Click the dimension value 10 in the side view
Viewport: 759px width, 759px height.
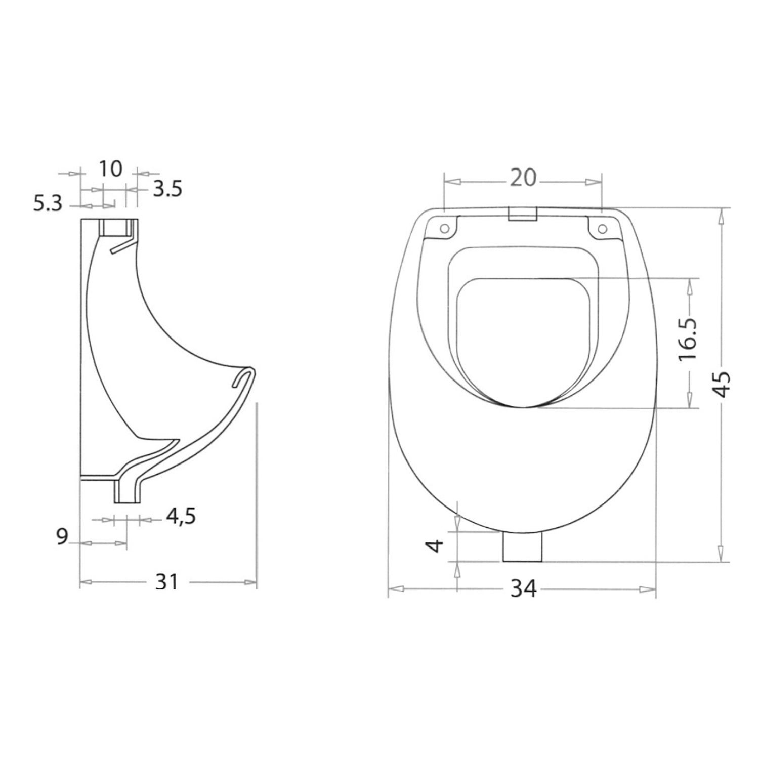tap(110, 168)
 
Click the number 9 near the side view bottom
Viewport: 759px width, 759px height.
tap(62, 537)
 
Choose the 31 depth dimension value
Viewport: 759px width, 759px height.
tap(166, 582)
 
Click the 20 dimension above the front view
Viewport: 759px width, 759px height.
tap(522, 178)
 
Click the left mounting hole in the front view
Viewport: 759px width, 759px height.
tap(444, 229)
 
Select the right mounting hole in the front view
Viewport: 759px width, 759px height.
tap(602, 229)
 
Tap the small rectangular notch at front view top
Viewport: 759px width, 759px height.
tap(522, 214)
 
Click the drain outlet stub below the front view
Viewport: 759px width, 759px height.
tap(522, 546)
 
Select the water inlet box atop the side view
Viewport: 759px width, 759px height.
tap(114, 228)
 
